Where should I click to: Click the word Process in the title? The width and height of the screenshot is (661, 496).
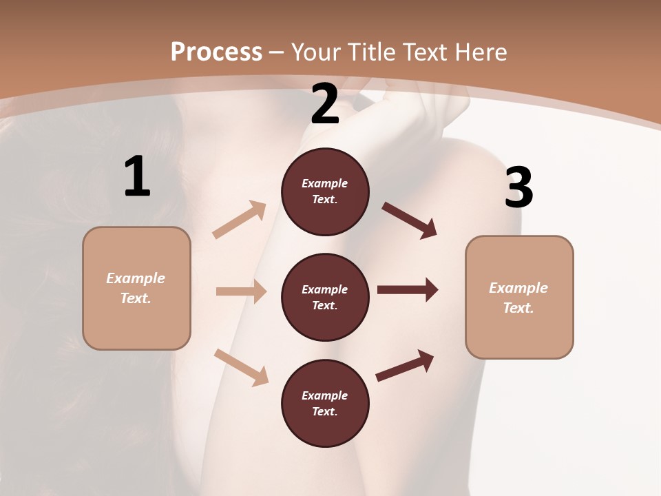(216, 52)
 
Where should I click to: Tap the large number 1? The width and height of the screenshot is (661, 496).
(137, 177)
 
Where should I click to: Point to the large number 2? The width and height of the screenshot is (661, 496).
(325, 104)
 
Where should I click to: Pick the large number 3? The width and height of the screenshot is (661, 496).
(518, 188)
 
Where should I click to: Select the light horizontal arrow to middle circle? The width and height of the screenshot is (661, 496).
(241, 291)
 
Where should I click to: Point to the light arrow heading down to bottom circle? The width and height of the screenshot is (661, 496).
(241, 367)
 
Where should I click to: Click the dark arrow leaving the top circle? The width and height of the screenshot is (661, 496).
(410, 220)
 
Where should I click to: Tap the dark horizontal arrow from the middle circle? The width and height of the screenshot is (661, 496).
(408, 289)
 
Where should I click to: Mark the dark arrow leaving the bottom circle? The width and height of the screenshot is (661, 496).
(405, 365)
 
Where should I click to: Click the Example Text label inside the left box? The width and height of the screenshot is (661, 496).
(136, 288)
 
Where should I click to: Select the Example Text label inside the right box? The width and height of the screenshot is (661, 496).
(518, 298)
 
